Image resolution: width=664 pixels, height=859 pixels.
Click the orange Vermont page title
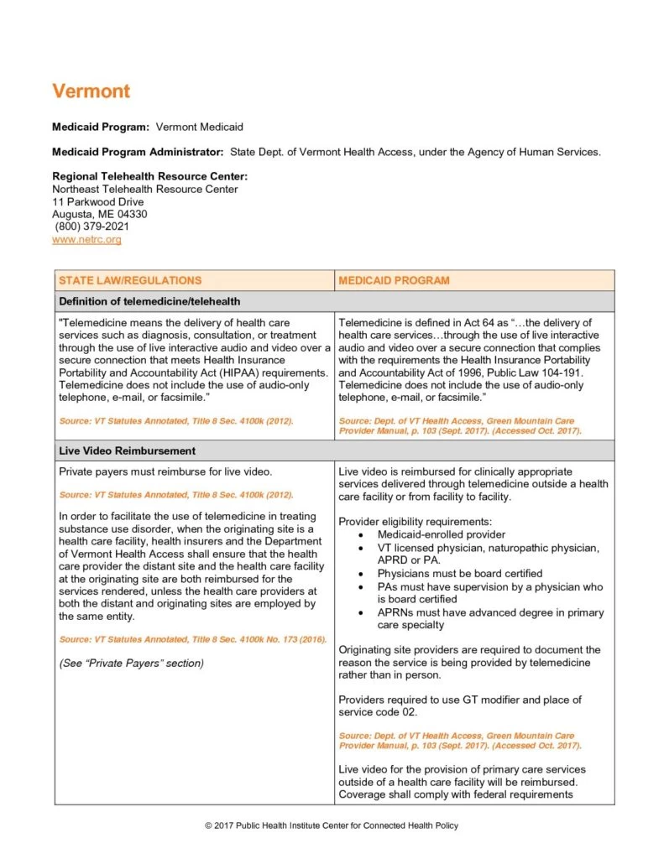(x=91, y=91)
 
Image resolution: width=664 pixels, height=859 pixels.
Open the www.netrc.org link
(x=86, y=240)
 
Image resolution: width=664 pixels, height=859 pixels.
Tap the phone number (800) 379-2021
(x=92, y=226)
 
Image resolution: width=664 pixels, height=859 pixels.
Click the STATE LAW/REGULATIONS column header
(x=129, y=280)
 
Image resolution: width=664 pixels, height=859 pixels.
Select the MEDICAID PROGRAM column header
(x=394, y=280)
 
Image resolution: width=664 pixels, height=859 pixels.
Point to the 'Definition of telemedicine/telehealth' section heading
(x=149, y=301)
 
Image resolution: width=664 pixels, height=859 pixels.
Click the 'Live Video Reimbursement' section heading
(x=127, y=450)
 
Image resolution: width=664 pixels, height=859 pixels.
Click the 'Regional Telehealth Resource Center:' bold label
(x=149, y=176)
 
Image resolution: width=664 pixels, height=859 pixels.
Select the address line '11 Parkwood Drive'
(x=97, y=202)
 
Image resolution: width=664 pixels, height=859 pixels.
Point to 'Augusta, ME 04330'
(x=99, y=214)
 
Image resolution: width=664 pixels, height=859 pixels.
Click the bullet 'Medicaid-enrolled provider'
(x=441, y=534)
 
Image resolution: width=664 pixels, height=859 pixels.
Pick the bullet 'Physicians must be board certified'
(x=459, y=574)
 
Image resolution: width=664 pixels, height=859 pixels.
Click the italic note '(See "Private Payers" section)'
(x=131, y=663)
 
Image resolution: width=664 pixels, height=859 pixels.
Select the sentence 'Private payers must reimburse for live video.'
(x=165, y=471)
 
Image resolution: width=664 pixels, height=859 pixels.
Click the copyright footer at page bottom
(x=332, y=825)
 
